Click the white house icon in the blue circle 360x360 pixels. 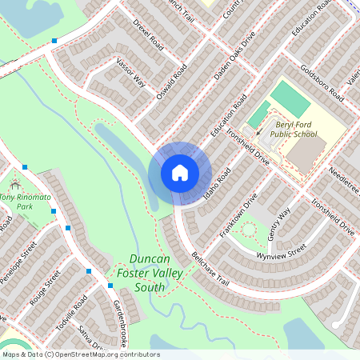180,172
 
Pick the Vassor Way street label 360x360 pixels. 130,72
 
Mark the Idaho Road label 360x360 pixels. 216,183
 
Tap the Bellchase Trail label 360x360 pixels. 210,269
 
